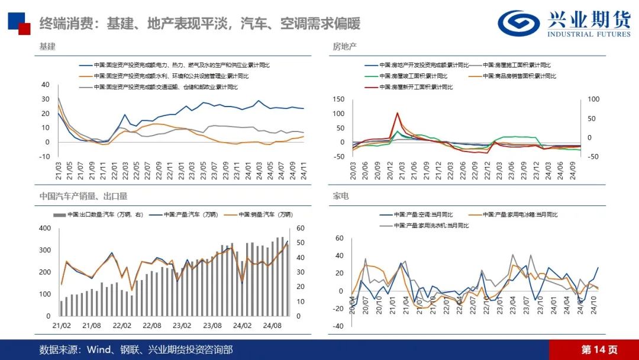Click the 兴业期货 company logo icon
point(515,23)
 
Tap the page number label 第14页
point(599,349)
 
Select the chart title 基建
point(47,46)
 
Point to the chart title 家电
point(341,195)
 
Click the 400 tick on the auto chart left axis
point(45,229)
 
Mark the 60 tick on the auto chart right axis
point(300,229)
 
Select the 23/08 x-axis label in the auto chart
point(212,325)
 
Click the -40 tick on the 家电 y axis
point(339,326)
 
